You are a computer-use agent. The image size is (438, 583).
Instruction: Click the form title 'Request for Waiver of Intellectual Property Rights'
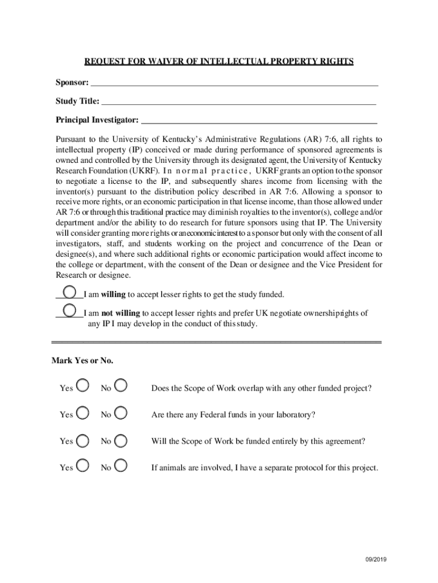[x=219, y=61]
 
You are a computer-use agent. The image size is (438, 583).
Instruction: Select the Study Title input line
[x=238, y=103]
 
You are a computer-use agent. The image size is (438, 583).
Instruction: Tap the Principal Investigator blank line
[x=258, y=121]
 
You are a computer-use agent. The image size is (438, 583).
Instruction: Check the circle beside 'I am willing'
[x=70, y=293]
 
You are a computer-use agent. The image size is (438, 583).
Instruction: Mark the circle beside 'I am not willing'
[x=70, y=311]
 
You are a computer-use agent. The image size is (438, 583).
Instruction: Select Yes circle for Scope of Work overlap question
[x=82, y=386]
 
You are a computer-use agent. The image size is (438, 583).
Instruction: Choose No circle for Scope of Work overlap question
[x=121, y=386]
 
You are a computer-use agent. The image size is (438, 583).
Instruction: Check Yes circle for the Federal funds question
[x=82, y=413]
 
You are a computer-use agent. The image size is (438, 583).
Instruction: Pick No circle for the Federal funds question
[x=121, y=413]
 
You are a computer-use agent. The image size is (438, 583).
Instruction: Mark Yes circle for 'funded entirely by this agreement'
[x=82, y=440]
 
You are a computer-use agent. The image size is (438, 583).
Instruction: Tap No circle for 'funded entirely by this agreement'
[x=121, y=440]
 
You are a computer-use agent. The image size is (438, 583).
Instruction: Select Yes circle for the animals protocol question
[x=82, y=466]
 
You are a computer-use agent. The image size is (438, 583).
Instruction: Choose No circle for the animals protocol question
[x=121, y=466]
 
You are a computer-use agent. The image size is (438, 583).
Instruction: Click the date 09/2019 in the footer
[x=375, y=560]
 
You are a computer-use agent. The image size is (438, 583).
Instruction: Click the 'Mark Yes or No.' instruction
[x=82, y=361]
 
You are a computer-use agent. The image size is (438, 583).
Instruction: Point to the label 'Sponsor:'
[x=72, y=82]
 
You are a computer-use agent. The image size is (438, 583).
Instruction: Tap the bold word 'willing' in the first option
[x=113, y=294]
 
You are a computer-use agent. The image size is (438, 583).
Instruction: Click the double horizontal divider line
[x=216, y=342]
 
